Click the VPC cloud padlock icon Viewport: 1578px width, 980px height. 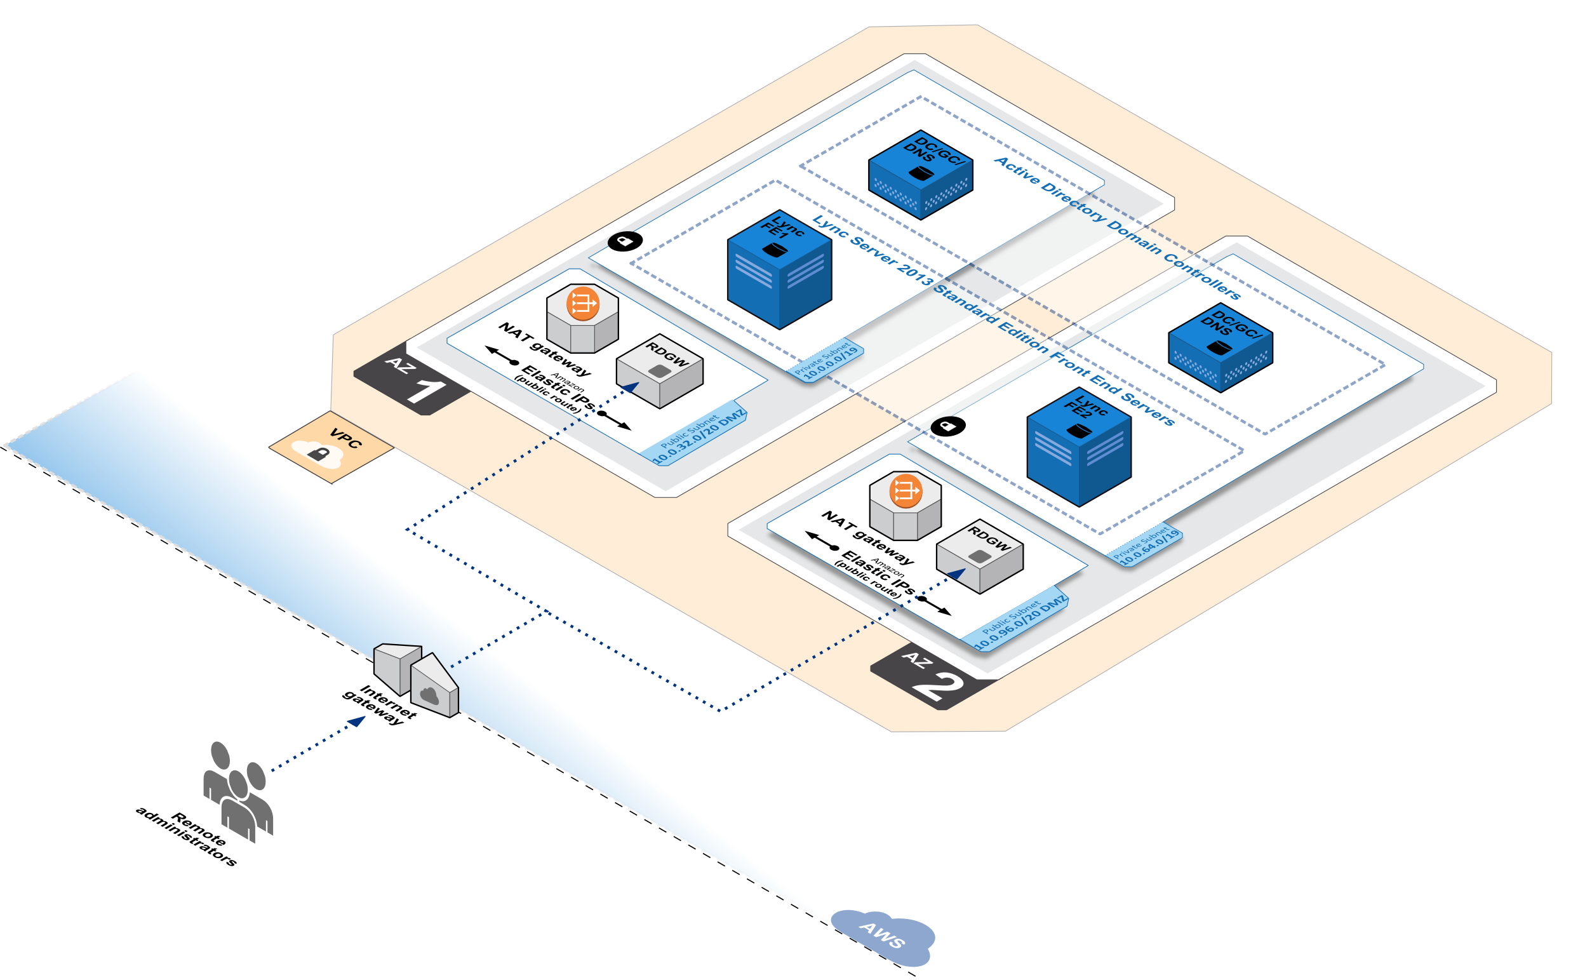tap(318, 454)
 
